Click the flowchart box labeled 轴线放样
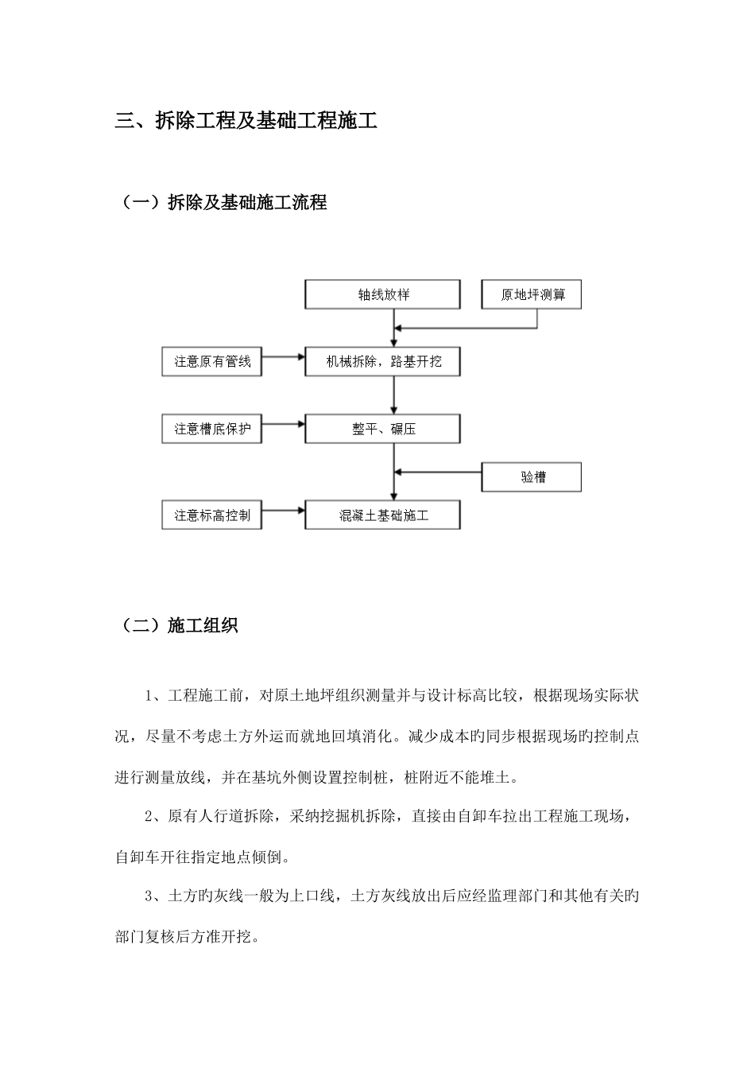[382, 294]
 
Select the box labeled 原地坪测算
[532, 294]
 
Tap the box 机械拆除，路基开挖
[382, 362]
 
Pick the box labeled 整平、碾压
[382, 429]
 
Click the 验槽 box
[532, 477]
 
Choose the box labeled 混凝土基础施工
[382, 515]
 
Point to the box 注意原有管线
[211, 362]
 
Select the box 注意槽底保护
[211, 429]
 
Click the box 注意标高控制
[211, 515]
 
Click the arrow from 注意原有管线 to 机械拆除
[283, 356]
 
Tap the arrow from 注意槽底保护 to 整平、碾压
[283, 423]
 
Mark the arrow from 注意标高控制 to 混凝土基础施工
[283, 509]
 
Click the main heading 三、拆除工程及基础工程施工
[246, 121]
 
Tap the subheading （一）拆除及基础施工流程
[222, 203]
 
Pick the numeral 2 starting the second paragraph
[149, 817]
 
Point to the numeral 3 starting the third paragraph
[149, 896]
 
